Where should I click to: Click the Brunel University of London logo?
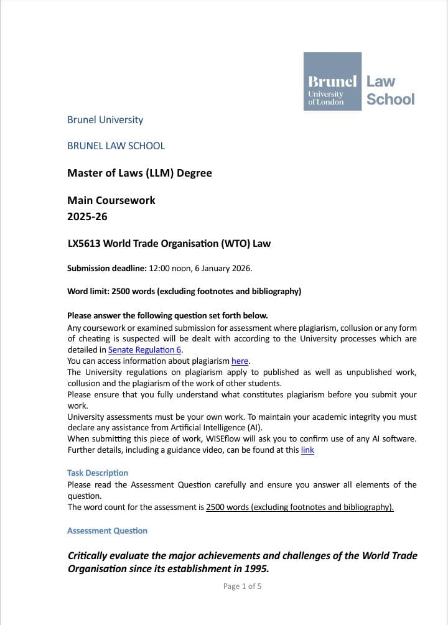tap(332, 81)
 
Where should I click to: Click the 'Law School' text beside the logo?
tap(390, 90)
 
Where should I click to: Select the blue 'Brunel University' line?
tap(105, 119)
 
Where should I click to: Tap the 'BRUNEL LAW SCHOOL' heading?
tap(116, 146)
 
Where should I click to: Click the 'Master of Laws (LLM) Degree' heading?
tap(139, 173)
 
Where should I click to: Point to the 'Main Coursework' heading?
tap(111, 200)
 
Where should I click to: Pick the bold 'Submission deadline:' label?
tap(107, 268)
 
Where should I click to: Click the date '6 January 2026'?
tap(222, 268)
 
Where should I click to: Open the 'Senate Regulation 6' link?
tap(144, 350)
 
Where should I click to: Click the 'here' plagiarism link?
tap(240, 361)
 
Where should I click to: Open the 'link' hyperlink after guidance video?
tap(307, 450)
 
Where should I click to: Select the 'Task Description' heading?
tap(98, 473)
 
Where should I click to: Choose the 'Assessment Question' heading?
tap(107, 530)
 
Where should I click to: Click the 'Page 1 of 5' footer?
tap(242, 586)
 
